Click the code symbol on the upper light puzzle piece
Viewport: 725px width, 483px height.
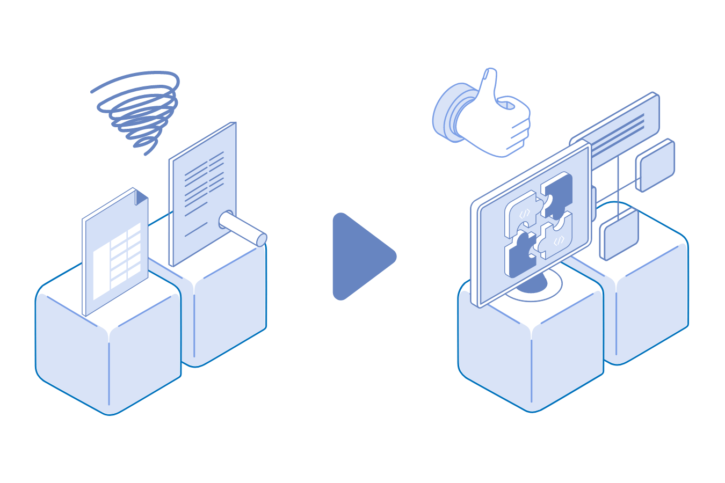[x=525, y=213]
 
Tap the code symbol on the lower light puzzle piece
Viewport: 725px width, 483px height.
[x=559, y=240]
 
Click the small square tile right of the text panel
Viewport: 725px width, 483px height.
[x=655, y=165]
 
